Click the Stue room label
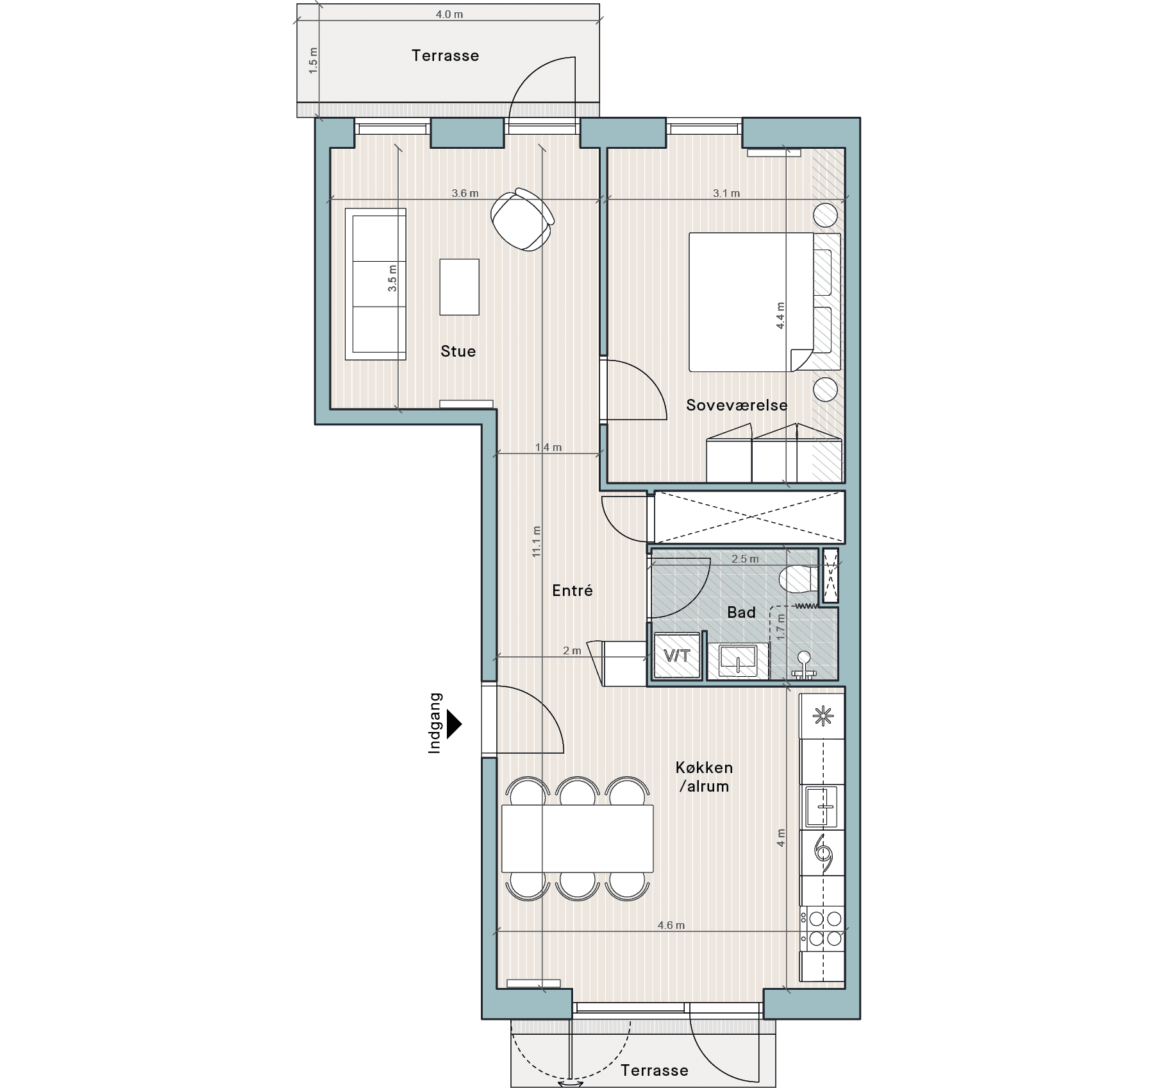click(x=458, y=351)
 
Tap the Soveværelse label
click(x=737, y=405)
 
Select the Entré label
click(x=573, y=591)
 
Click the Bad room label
click(x=741, y=613)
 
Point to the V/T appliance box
click(x=677, y=656)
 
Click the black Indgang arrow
click(x=455, y=724)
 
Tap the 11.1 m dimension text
click(x=537, y=541)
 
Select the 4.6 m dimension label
click(x=671, y=925)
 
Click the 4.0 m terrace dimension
click(x=449, y=14)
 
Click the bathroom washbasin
click(x=737, y=661)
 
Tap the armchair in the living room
click(x=523, y=219)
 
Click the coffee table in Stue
click(x=459, y=287)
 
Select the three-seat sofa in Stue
click(x=376, y=284)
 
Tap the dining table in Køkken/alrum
click(x=577, y=838)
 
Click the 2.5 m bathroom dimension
click(x=745, y=559)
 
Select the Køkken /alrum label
click(x=704, y=777)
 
